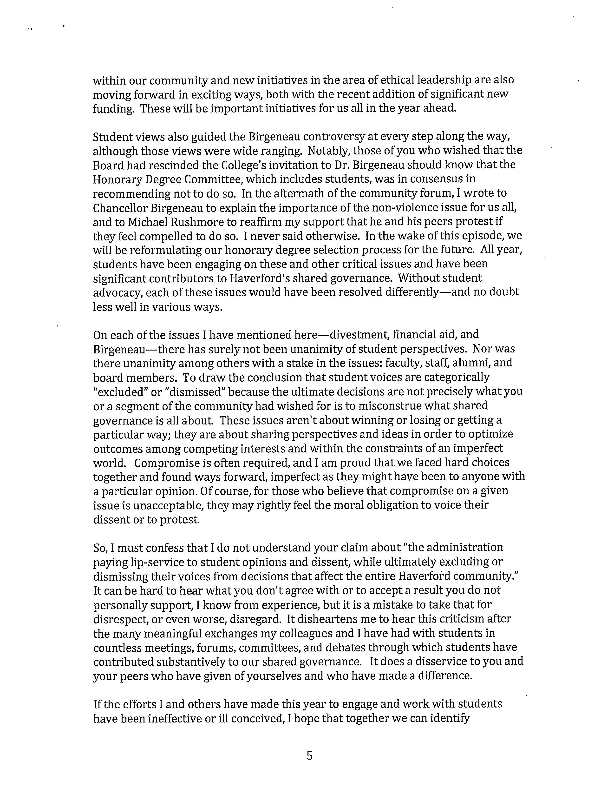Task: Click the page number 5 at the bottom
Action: point(309,756)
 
